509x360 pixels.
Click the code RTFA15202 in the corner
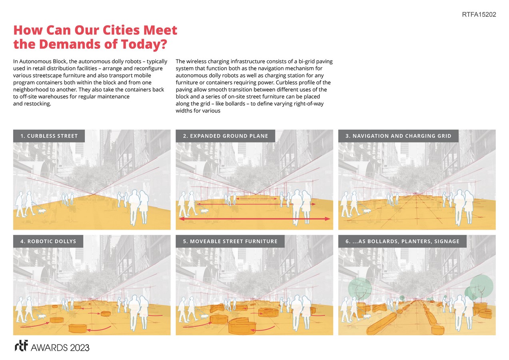click(x=479, y=14)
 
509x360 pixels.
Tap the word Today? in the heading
click(x=144, y=44)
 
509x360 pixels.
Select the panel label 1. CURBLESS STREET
click(x=49, y=136)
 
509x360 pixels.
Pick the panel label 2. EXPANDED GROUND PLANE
click(x=226, y=136)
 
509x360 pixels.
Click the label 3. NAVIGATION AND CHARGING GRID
click(x=398, y=136)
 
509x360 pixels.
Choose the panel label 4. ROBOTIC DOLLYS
click(x=48, y=241)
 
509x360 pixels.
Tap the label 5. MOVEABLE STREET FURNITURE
click(x=230, y=241)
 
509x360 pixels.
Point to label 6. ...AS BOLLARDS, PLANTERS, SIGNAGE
click(x=402, y=241)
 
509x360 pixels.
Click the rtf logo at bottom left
click(x=21, y=346)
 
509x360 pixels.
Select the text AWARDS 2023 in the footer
click(x=60, y=348)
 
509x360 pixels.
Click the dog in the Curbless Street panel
click(x=42, y=211)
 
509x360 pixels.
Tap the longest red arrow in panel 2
click(x=254, y=219)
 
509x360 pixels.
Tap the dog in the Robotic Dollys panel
click(x=42, y=316)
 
